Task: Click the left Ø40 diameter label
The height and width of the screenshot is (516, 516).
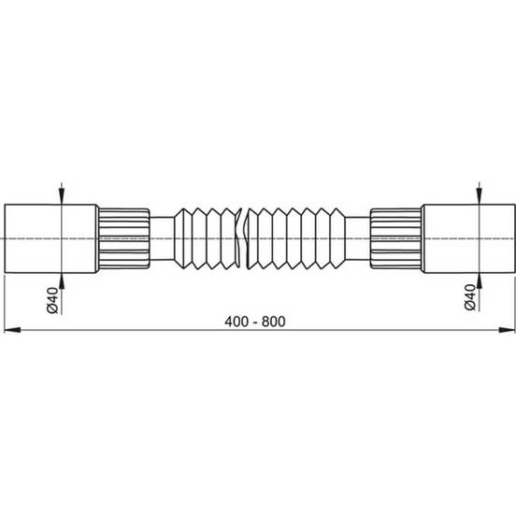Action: [52, 300]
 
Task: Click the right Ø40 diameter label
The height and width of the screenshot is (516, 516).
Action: [469, 297]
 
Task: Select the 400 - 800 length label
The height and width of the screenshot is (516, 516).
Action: [255, 322]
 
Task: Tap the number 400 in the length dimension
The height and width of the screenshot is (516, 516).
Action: [236, 322]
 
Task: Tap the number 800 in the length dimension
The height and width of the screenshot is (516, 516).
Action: [274, 322]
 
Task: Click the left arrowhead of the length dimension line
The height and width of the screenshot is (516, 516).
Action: [12, 330]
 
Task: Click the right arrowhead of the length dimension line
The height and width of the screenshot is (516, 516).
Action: [506, 330]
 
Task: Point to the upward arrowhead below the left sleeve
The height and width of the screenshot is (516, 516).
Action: [62, 280]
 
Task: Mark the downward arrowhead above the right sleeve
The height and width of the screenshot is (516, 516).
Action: [480, 196]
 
